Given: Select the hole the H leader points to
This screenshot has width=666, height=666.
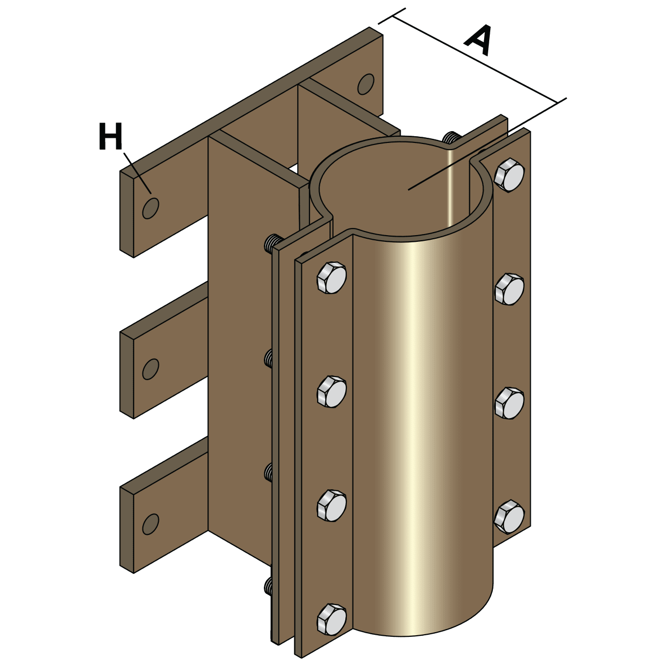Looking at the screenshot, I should tap(151, 207).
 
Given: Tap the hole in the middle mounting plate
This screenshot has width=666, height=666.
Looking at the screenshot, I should tap(150, 369).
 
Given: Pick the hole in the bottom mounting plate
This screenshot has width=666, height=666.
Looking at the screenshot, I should tap(150, 524).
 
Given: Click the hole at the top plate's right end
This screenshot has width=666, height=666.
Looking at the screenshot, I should tap(366, 84).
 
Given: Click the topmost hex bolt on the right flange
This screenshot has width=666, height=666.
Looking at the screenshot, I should tap(509, 176).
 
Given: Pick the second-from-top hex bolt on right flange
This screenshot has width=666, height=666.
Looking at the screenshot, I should tap(509, 289).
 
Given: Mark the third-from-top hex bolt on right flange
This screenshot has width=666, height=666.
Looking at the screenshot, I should tap(509, 403).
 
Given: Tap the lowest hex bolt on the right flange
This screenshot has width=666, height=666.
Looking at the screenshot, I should tap(509, 516).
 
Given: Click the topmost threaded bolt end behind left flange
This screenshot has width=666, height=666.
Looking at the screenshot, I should tap(274, 242).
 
